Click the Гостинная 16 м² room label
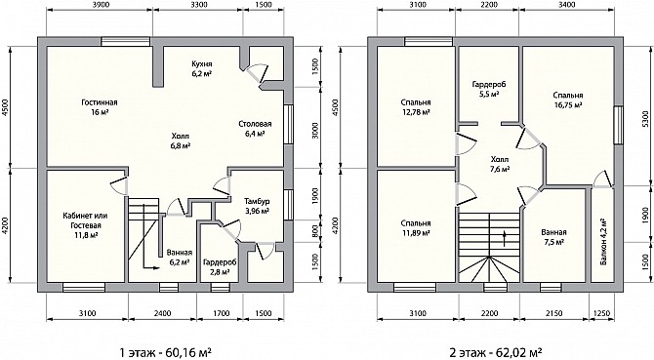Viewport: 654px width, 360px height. (x=100, y=107)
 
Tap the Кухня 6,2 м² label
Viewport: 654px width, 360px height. (x=202, y=68)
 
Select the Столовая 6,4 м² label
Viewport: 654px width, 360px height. (x=256, y=129)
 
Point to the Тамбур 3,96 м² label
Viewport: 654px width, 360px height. (x=257, y=206)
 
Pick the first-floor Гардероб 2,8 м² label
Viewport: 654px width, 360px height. (x=221, y=267)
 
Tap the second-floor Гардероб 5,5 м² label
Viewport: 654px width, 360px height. (x=489, y=89)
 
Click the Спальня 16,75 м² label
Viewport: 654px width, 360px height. (x=568, y=100)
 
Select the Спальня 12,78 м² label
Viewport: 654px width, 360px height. (x=416, y=107)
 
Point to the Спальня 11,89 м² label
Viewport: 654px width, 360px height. (x=416, y=228)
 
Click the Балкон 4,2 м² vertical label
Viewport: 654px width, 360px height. (x=603, y=242)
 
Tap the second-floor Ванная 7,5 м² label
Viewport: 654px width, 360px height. (x=553, y=237)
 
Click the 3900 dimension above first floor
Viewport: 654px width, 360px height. (x=100, y=5)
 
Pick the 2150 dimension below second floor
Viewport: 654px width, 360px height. (x=553, y=313)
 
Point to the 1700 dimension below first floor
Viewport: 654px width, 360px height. (x=221, y=313)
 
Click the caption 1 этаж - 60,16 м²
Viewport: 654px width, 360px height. (x=164, y=351)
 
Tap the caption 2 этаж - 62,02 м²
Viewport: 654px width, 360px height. (x=496, y=351)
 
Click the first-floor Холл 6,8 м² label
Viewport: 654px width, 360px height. (x=181, y=140)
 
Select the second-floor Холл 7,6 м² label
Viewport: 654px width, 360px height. (x=500, y=164)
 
